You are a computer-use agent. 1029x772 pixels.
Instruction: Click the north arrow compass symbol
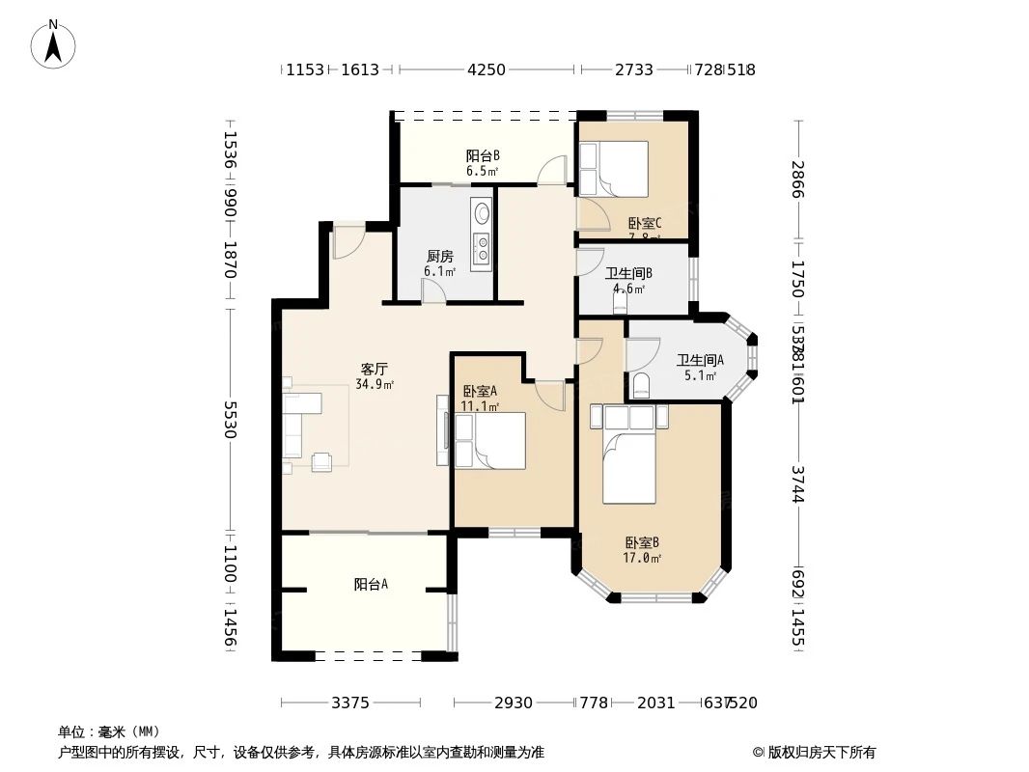(54, 43)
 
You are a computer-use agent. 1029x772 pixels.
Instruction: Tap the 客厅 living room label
(375, 369)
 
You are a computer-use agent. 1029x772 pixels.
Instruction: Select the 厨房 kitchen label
(440, 257)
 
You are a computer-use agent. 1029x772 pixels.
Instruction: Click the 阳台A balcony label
(371, 584)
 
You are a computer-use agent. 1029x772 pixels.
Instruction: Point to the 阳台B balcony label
(483, 155)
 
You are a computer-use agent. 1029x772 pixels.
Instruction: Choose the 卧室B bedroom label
(642, 542)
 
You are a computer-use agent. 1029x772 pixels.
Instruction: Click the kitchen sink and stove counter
(482, 234)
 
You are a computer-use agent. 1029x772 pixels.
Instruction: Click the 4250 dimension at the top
(486, 69)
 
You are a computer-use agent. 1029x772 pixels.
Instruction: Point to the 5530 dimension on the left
(230, 421)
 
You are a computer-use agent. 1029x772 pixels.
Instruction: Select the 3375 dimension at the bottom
(350, 703)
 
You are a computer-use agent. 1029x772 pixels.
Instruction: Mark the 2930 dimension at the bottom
(514, 703)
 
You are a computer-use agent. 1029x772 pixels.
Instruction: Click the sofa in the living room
(300, 425)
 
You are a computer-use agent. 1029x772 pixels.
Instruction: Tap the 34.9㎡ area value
(375, 384)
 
